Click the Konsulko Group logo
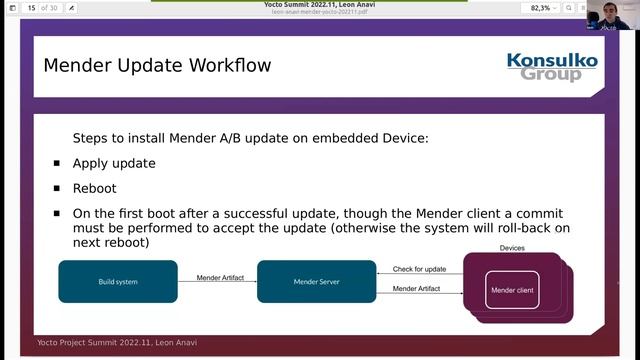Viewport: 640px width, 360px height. coord(551,67)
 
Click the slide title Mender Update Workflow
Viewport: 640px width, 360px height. coord(157,66)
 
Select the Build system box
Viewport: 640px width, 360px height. coord(118,282)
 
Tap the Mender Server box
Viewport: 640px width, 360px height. coord(316,282)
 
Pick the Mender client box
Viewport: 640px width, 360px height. coord(512,291)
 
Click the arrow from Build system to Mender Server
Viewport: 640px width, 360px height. coord(217,283)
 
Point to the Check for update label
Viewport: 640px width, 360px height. coord(419,269)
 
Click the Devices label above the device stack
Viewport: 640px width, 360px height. coord(512,248)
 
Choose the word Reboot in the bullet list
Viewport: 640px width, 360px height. coord(94,188)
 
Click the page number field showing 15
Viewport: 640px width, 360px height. coord(32,8)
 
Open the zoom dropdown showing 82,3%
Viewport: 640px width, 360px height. coord(546,8)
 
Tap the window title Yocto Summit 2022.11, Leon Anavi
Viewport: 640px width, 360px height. coord(320,4)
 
